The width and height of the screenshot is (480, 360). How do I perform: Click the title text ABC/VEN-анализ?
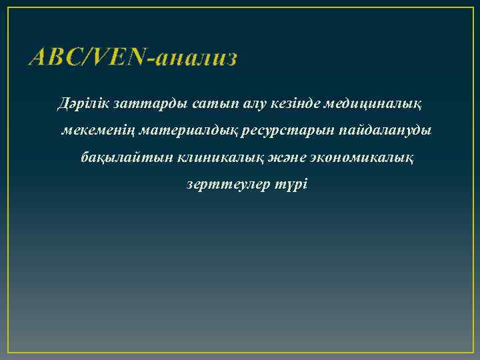click(x=133, y=59)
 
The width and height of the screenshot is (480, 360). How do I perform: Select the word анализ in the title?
click(x=197, y=59)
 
